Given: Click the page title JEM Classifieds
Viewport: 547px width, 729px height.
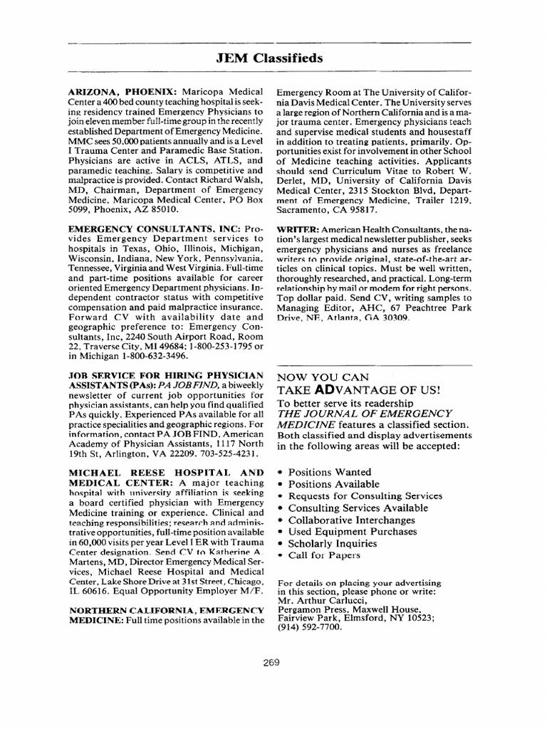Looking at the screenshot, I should (269, 58).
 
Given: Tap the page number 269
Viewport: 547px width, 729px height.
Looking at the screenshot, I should (270, 661).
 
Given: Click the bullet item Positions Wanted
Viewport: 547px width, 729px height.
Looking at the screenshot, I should (328, 471).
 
